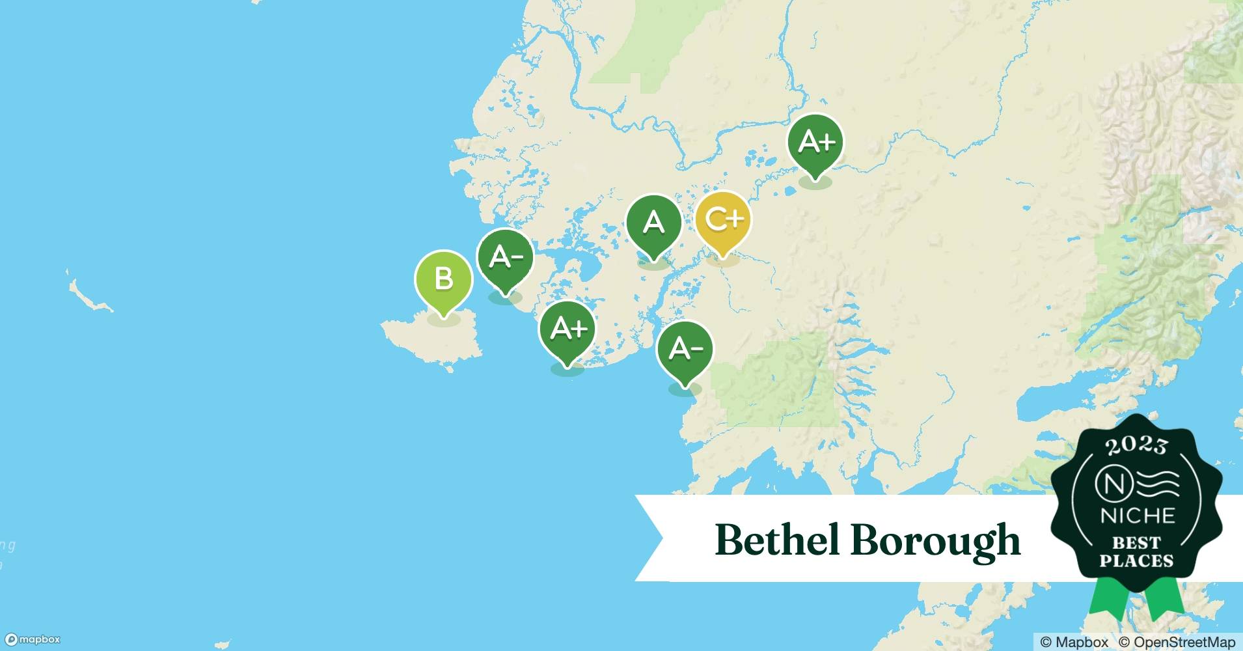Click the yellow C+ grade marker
click(722, 220)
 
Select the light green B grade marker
click(443, 279)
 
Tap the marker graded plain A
click(653, 223)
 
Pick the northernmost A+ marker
click(815, 142)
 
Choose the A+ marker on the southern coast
click(567, 329)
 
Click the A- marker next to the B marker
click(505, 257)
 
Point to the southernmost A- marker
click(685, 350)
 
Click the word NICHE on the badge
click(1137, 516)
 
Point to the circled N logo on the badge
click(1112, 484)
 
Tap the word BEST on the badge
click(1136, 542)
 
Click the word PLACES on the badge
click(1136, 561)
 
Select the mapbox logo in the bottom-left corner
click(33, 640)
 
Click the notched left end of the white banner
click(651, 538)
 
